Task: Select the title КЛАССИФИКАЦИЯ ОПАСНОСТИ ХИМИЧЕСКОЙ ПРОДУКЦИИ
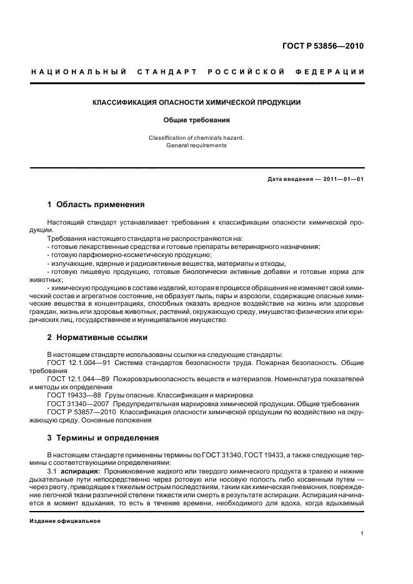[x=197, y=102]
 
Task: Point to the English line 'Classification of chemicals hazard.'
[x=197, y=137]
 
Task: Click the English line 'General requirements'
[x=197, y=145]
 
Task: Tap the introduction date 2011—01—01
[x=343, y=180]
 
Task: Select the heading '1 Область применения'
[x=96, y=205]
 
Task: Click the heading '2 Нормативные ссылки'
[x=97, y=338]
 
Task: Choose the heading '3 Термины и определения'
[x=103, y=438]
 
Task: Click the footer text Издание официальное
[x=65, y=520]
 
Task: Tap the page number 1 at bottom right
[x=362, y=533]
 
